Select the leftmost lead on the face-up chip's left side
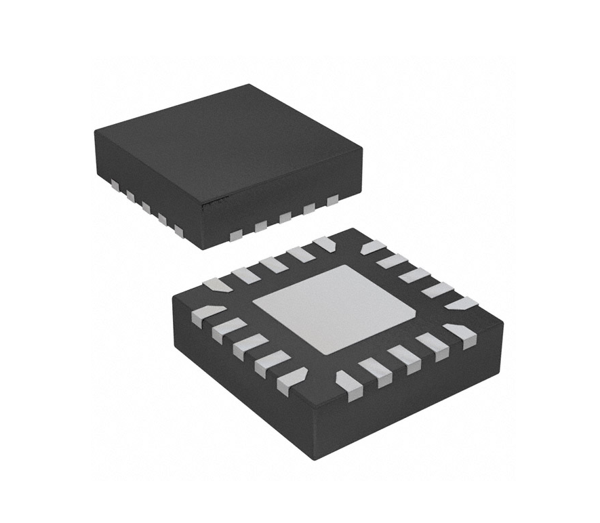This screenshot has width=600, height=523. point(113,184)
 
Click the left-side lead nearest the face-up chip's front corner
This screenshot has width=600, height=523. point(179,231)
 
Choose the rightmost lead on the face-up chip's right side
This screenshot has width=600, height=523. point(332,200)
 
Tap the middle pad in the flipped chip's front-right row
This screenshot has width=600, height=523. point(403,357)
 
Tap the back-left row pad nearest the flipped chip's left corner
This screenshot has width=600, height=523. point(217,285)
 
